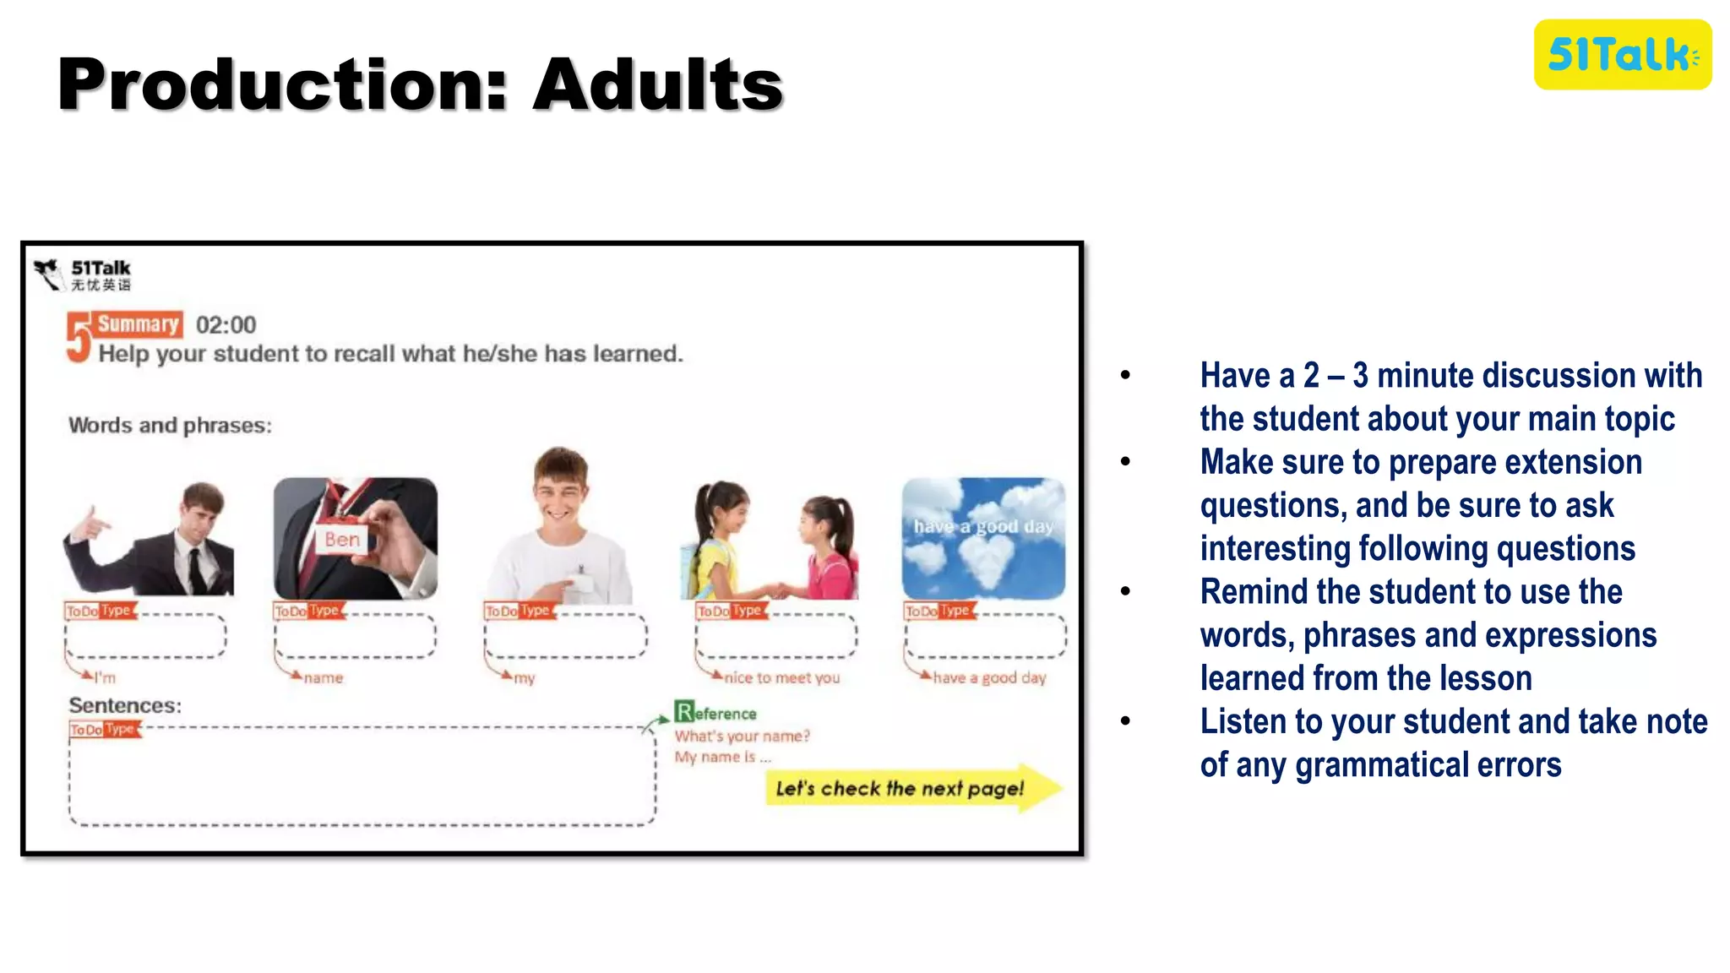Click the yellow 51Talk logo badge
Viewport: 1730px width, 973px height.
[1622, 55]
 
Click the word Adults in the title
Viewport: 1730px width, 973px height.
[658, 84]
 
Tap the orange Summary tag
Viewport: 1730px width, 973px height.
[139, 324]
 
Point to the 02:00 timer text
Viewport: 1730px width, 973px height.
[226, 325]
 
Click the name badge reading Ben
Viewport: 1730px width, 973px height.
[342, 540]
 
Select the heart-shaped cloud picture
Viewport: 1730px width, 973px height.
[983, 539]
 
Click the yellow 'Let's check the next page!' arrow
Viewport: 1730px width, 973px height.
[912, 788]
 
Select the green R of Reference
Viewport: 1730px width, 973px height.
[683, 711]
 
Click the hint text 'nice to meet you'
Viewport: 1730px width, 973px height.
[781, 677]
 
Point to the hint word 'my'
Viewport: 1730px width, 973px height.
[525, 678]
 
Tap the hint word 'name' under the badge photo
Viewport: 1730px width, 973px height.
[324, 677]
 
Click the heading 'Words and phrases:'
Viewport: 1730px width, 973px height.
[170, 425]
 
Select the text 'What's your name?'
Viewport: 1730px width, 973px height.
[742, 736]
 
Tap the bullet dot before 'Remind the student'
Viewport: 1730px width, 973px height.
[1125, 592]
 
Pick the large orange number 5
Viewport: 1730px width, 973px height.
[79, 338]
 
